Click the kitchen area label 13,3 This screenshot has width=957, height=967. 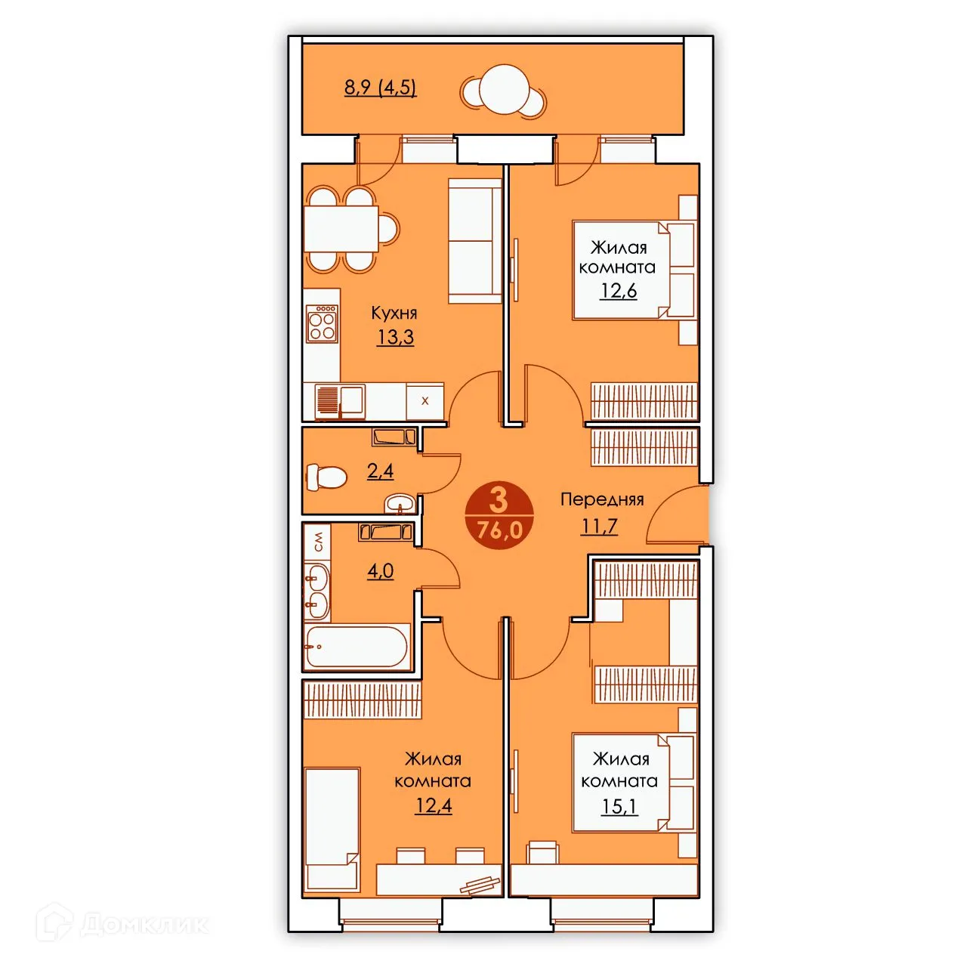pyautogui.click(x=395, y=337)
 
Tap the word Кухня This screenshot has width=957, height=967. pyautogui.click(x=394, y=313)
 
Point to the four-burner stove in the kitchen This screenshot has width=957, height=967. pyautogui.click(x=322, y=323)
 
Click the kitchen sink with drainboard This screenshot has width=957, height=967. pyautogui.click(x=340, y=401)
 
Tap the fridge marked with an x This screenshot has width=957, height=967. pyautogui.click(x=424, y=401)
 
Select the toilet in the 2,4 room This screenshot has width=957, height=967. pyautogui.click(x=326, y=477)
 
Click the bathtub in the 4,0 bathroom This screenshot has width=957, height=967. pyautogui.click(x=357, y=647)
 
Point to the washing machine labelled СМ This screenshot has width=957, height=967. pyautogui.click(x=317, y=542)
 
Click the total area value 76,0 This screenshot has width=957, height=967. pyautogui.click(x=499, y=530)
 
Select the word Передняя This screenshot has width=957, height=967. pyautogui.click(x=602, y=499)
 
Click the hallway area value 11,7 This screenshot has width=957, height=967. pyautogui.click(x=599, y=526)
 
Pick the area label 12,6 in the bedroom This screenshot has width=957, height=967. pyautogui.click(x=619, y=291)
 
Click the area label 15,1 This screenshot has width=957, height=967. pyautogui.click(x=619, y=806)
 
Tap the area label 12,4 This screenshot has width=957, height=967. pyautogui.click(x=433, y=805)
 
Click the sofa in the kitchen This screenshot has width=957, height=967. pyautogui.click(x=475, y=241)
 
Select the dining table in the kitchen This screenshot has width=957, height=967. pyautogui.click(x=341, y=229)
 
